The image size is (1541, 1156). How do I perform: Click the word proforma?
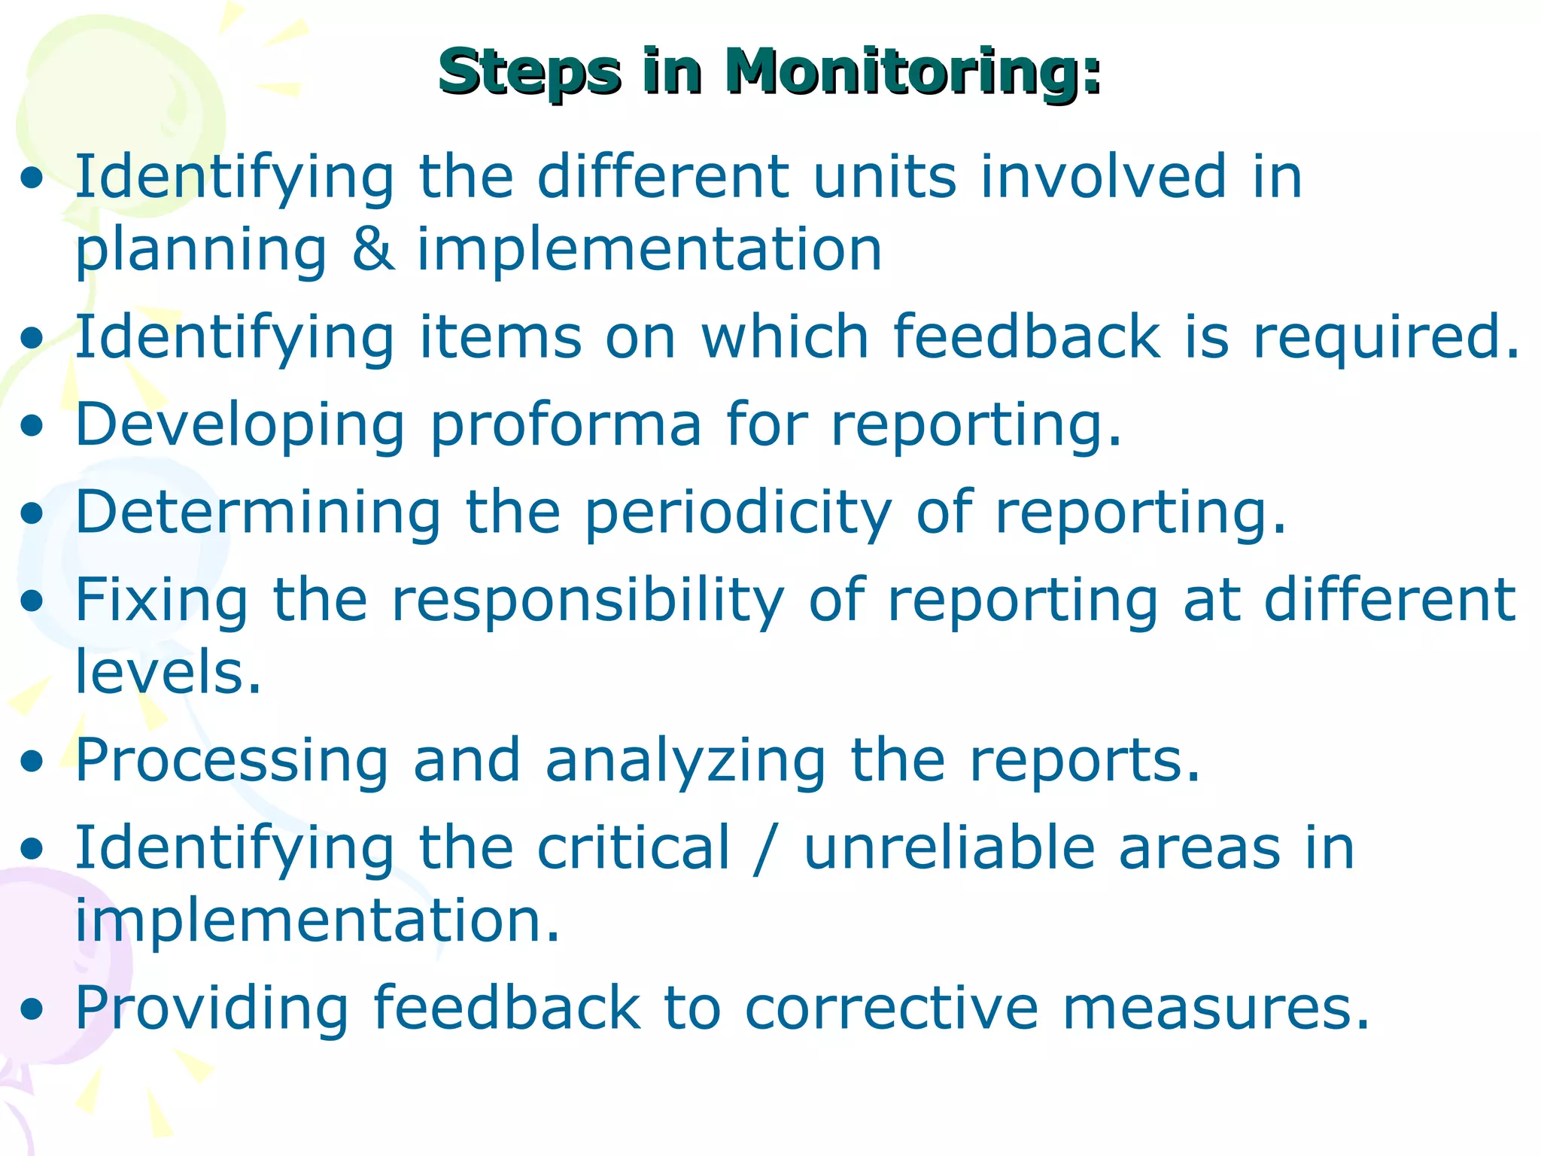click(x=566, y=424)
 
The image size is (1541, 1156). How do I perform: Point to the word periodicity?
click(x=737, y=513)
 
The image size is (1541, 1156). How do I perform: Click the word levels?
click(x=168, y=671)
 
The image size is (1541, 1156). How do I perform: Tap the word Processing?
click(x=232, y=761)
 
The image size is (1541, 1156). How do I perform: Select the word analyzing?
click(x=685, y=761)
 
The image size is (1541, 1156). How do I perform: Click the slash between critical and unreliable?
click(x=766, y=849)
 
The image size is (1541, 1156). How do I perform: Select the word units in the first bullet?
click(x=885, y=177)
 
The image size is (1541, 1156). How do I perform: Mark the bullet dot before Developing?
click(x=32, y=427)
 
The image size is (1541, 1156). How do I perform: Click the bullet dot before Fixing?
click(x=32, y=602)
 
